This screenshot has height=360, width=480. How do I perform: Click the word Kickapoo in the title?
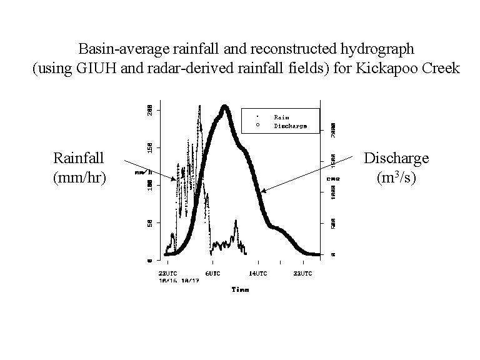(389, 68)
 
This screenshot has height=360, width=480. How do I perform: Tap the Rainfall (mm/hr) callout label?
(79, 167)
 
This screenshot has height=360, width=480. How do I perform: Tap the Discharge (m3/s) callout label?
(396, 167)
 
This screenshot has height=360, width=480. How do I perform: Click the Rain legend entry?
(281, 116)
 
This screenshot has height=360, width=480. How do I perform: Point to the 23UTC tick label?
(169, 274)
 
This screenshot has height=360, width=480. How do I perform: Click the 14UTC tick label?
(258, 274)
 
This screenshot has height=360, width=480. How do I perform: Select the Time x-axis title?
(240, 289)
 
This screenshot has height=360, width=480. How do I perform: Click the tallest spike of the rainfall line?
(199, 106)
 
